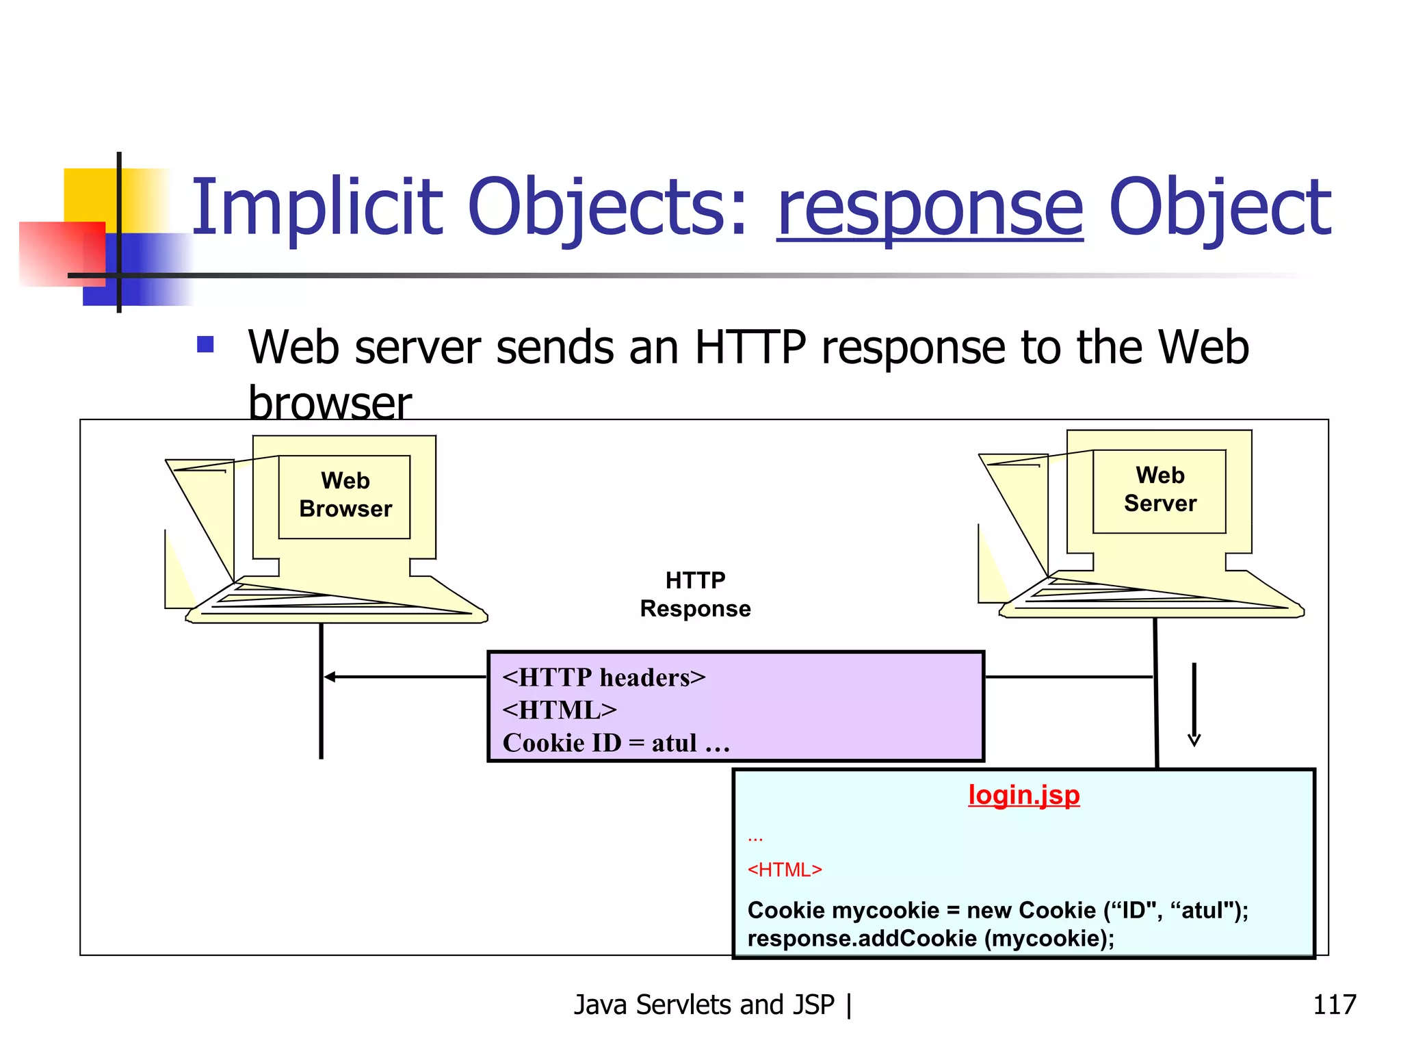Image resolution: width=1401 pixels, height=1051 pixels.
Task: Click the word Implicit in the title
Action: (x=317, y=207)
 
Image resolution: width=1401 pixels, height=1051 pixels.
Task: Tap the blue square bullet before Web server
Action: (x=205, y=343)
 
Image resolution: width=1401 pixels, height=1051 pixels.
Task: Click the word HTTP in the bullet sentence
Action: (x=750, y=348)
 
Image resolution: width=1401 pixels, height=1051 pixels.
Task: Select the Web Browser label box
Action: (x=345, y=496)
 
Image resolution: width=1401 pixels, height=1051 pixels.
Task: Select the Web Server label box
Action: (x=1160, y=491)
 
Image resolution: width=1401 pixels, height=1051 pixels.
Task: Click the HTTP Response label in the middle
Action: (x=695, y=594)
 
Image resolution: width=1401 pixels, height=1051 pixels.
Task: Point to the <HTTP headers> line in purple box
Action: (x=603, y=677)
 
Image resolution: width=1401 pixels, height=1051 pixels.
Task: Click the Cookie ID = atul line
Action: (x=616, y=743)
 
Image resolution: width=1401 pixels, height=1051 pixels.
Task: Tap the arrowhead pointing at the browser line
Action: (x=329, y=677)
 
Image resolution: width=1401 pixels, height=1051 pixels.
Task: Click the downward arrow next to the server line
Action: (x=1194, y=705)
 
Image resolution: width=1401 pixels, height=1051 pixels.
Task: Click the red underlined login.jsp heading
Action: (x=1023, y=795)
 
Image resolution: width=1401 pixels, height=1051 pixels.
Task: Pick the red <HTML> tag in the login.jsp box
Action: (x=784, y=870)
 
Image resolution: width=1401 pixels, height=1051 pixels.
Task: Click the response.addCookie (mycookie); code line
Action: (x=930, y=938)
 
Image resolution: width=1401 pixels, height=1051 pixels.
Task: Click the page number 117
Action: (x=1334, y=1004)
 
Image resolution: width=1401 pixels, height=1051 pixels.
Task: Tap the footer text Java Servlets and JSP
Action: (x=704, y=1004)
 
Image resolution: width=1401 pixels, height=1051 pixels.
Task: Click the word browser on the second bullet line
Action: (x=330, y=403)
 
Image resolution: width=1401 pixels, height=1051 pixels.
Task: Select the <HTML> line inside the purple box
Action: (x=559, y=710)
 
